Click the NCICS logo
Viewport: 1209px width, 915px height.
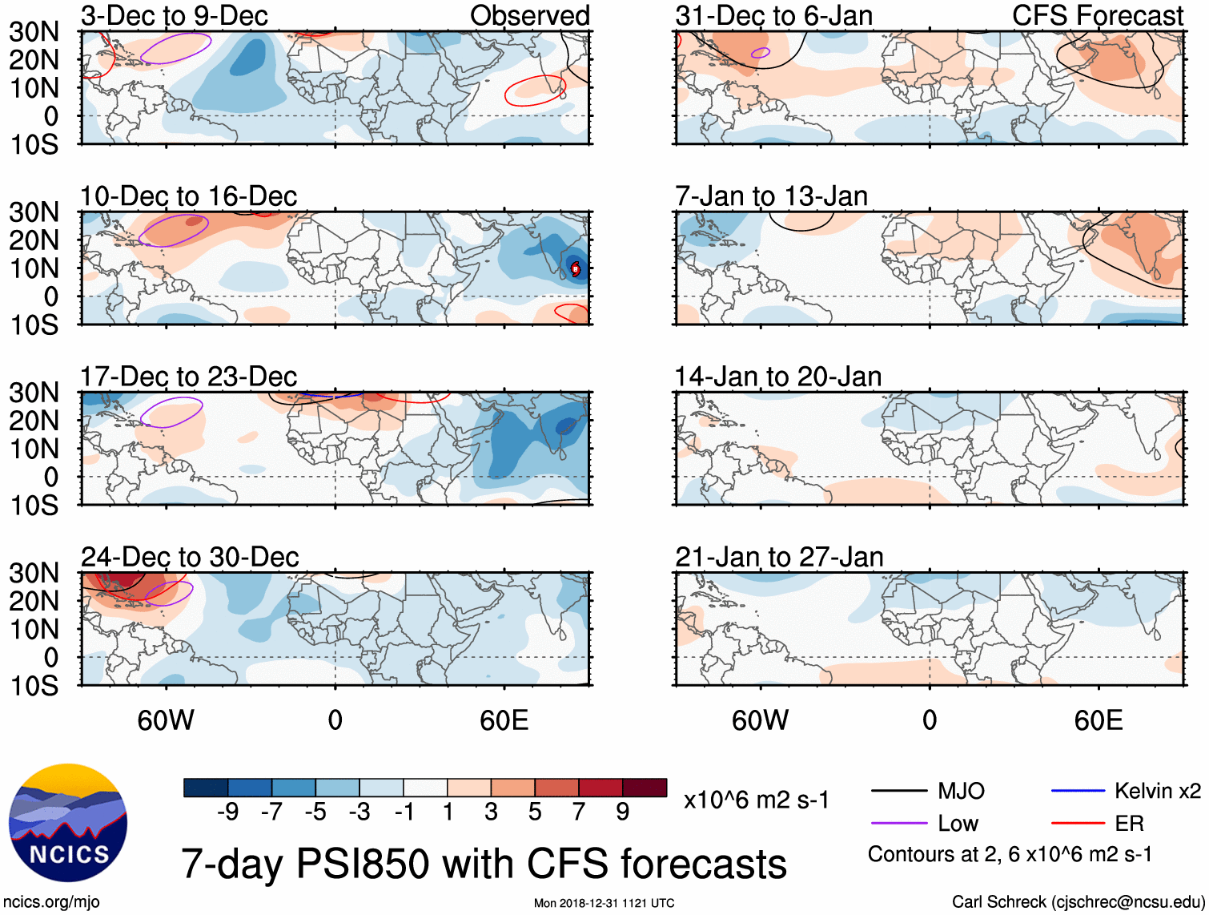pyautogui.click(x=68, y=822)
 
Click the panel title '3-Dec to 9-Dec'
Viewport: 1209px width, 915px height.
pyautogui.click(x=174, y=16)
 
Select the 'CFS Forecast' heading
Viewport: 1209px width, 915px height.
pyautogui.click(x=1097, y=16)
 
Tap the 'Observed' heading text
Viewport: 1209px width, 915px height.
pyautogui.click(x=529, y=16)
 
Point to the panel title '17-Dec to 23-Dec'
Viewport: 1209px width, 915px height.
pyautogui.click(x=188, y=377)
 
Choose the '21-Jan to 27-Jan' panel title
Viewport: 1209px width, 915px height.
pyautogui.click(x=779, y=557)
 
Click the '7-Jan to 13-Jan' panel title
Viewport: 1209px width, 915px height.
pyautogui.click(x=771, y=196)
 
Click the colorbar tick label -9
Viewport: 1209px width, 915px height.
pyautogui.click(x=227, y=812)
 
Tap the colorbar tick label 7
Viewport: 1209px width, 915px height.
pyautogui.click(x=579, y=812)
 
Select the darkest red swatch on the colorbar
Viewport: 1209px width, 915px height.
pyautogui.click(x=645, y=788)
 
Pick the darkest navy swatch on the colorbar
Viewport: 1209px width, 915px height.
pyautogui.click(x=205, y=788)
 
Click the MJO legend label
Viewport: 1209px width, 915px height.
pyautogui.click(x=961, y=792)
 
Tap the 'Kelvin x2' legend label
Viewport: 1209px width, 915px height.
pyautogui.click(x=1157, y=792)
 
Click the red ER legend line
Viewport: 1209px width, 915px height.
pyautogui.click(x=1077, y=823)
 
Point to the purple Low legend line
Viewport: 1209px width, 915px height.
pyautogui.click(x=899, y=823)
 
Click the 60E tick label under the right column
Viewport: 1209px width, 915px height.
pyautogui.click(x=1098, y=720)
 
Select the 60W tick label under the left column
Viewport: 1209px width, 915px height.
pyautogui.click(x=166, y=720)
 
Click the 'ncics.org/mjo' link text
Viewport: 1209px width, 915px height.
pyautogui.click(x=51, y=902)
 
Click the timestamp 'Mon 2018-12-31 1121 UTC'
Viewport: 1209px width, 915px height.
pyautogui.click(x=604, y=903)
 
